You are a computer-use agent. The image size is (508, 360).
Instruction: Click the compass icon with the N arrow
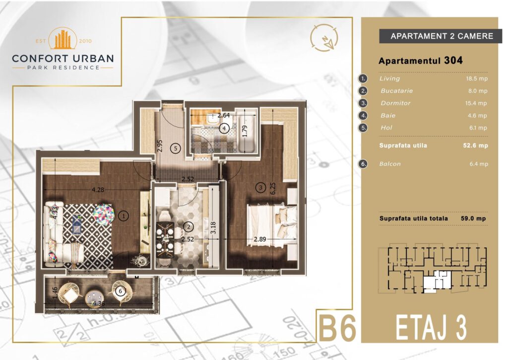(323, 38)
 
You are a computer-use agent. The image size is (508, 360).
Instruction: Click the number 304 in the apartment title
(453, 60)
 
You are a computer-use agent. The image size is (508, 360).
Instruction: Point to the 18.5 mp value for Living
(476, 78)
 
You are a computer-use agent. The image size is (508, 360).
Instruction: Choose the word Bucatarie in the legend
(396, 91)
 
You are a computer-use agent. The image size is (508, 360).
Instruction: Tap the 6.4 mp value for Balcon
(479, 164)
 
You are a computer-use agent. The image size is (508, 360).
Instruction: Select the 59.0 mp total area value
(473, 218)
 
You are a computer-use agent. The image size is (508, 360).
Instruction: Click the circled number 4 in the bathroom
(224, 129)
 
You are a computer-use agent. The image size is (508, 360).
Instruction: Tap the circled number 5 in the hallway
(175, 148)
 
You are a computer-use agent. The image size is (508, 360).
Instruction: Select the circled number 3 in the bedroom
(260, 187)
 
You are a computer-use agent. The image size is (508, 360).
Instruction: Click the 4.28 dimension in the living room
(98, 190)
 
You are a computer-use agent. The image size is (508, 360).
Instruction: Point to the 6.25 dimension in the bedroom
(273, 188)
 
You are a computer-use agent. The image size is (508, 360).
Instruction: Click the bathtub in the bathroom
(246, 131)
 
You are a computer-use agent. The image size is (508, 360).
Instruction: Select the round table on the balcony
(95, 298)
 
